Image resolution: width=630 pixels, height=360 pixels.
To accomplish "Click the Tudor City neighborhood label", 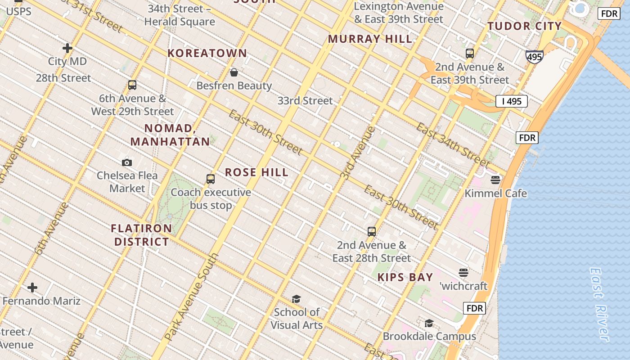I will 525,26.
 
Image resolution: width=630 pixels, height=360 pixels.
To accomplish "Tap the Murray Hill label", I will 370,39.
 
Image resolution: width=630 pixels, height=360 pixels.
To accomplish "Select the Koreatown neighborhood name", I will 207,53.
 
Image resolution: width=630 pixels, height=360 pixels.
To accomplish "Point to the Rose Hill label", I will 256,172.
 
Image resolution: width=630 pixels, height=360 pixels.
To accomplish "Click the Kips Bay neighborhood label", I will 405,277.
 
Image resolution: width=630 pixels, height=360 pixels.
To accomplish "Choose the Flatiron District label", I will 141,235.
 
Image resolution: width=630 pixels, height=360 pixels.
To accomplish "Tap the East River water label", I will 599,304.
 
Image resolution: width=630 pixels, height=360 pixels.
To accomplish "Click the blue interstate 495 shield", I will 534,57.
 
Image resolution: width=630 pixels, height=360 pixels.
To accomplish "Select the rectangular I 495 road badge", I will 512,101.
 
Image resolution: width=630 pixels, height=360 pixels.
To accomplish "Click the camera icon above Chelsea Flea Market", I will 127,162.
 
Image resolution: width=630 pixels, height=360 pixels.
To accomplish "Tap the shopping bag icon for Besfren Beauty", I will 234,72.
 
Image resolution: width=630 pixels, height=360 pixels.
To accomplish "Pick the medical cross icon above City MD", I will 67,48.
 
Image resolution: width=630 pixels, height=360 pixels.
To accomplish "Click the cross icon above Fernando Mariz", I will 32,288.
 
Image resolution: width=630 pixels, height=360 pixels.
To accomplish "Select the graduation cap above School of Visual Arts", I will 296,299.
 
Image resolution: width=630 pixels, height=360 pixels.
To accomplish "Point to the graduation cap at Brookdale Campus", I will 429,324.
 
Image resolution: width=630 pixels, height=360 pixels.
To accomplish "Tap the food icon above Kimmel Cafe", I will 495,180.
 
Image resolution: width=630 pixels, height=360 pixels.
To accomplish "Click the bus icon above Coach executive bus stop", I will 211,179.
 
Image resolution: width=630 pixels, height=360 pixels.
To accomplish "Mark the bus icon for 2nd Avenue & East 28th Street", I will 372,232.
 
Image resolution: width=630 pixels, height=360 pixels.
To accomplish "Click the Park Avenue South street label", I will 192,297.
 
